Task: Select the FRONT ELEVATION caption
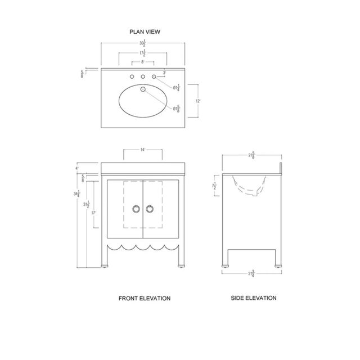144,298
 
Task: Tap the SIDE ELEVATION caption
254,298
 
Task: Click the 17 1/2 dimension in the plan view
144,54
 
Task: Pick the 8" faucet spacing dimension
143,63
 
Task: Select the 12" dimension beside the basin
197,101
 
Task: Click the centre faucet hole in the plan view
143,76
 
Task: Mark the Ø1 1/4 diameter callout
177,87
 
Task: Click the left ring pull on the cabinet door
136,209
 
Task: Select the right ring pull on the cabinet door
150,209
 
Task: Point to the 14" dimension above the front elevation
143,150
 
